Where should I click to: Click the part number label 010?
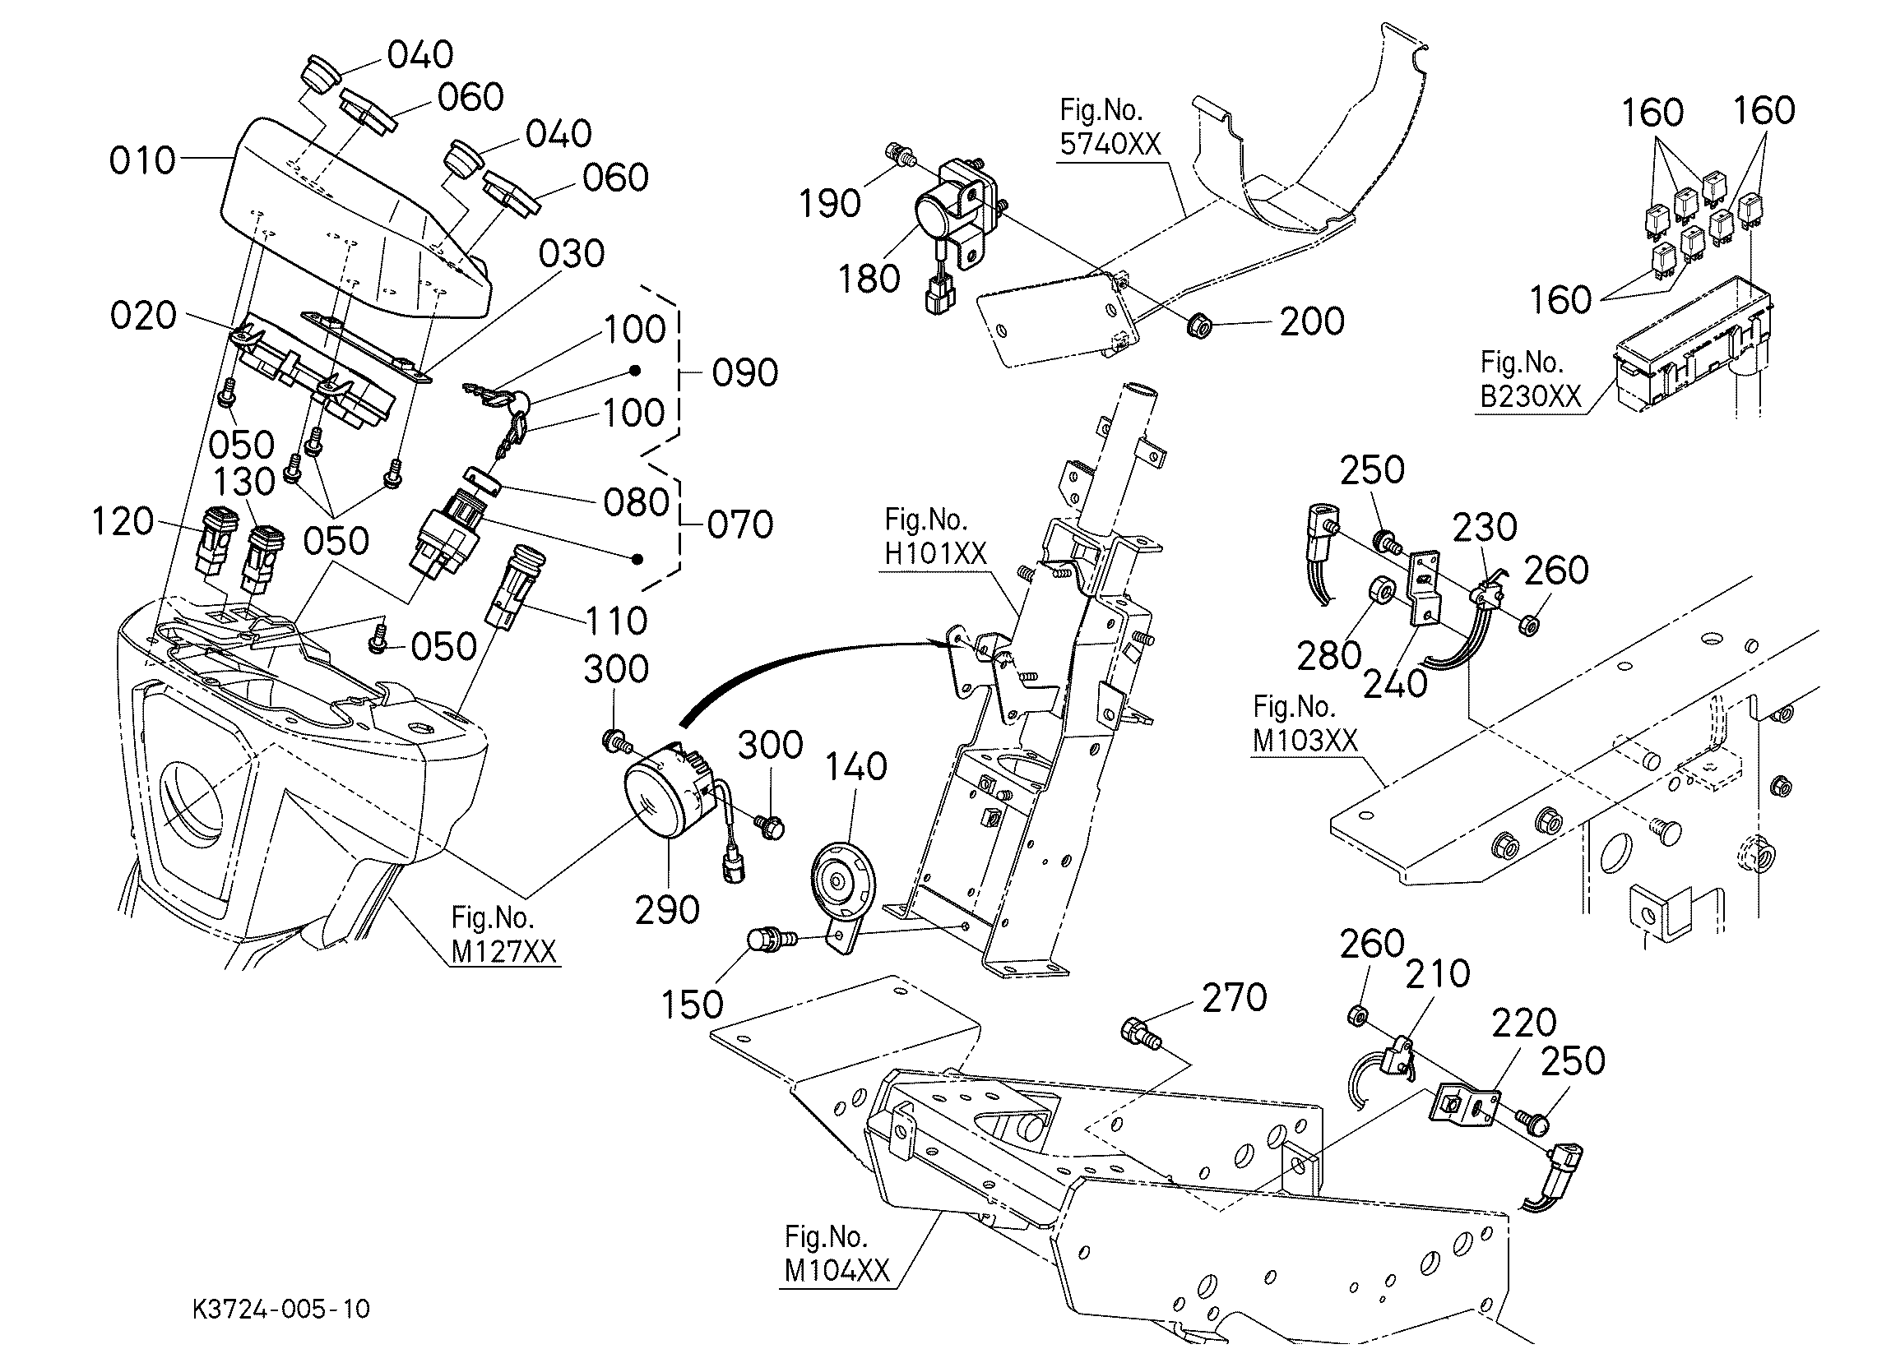(142, 161)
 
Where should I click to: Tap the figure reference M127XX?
(503, 951)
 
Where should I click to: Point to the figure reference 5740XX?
(1110, 144)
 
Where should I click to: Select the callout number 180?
(869, 279)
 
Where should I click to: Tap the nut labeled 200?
(1198, 323)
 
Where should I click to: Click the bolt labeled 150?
(767, 941)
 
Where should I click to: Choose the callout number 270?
(1234, 997)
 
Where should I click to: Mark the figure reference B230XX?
(1530, 396)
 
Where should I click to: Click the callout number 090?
(744, 372)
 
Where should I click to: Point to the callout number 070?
(740, 525)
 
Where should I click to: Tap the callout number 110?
(617, 621)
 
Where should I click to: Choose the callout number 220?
(1524, 1023)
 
